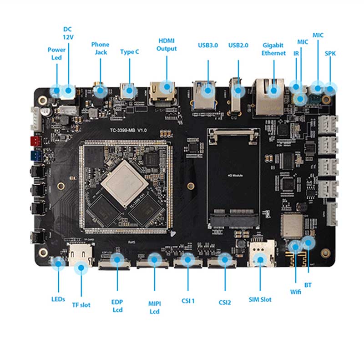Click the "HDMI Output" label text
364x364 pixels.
167,45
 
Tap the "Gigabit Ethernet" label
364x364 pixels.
273,49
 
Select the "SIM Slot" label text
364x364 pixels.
260,299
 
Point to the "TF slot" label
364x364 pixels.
81,304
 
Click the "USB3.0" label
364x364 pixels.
208,45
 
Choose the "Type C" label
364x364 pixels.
130,52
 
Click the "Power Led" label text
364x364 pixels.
56,54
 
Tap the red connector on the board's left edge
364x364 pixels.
35,141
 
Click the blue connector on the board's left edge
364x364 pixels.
35,156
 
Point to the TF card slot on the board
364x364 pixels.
81,256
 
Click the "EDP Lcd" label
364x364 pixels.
117,306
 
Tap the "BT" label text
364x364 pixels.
308,285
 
